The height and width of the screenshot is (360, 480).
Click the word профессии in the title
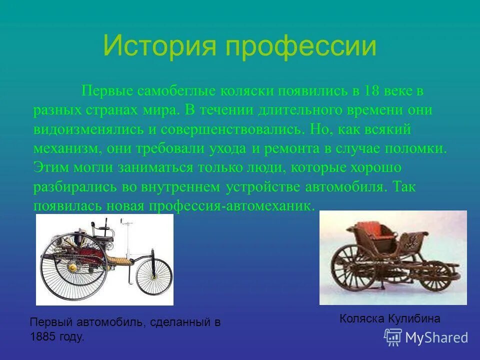(x=300, y=46)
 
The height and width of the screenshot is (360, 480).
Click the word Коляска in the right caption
(x=361, y=318)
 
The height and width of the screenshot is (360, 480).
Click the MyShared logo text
(x=436, y=337)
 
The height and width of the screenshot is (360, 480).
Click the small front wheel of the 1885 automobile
(x=153, y=276)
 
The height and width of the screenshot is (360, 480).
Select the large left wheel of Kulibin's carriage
(x=352, y=270)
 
